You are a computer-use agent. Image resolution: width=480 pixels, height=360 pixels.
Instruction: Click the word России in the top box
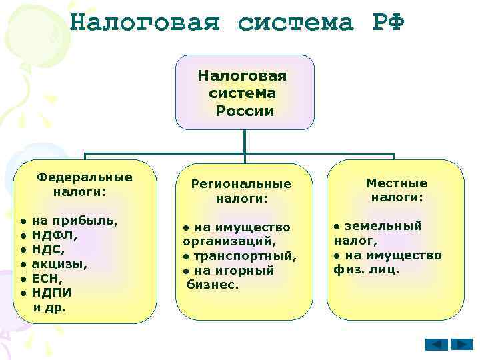click(x=245, y=111)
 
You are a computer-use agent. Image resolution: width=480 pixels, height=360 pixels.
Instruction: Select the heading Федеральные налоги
click(x=85, y=185)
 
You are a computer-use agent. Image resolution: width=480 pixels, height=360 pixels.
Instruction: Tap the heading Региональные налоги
click(x=241, y=191)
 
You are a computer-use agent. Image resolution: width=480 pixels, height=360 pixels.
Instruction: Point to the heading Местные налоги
click(x=397, y=190)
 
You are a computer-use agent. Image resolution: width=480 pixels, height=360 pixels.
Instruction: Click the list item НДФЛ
click(x=55, y=235)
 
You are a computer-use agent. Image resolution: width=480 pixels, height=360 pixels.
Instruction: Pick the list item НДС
click(x=49, y=249)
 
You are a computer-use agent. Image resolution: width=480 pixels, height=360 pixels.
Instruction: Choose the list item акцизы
click(x=59, y=263)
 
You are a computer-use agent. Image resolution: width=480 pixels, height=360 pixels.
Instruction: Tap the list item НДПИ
click(x=52, y=292)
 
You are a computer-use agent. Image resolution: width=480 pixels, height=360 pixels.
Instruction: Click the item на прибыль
click(x=75, y=221)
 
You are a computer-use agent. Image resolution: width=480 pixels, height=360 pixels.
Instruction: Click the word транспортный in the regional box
click(x=245, y=256)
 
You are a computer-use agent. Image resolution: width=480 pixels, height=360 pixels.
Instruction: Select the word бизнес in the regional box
click(x=213, y=285)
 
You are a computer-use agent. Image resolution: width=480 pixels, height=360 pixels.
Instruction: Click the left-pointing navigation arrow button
click(x=437, y=344)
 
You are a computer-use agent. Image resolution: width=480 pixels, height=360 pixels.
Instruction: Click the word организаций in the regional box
click(x=229, y=242)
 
